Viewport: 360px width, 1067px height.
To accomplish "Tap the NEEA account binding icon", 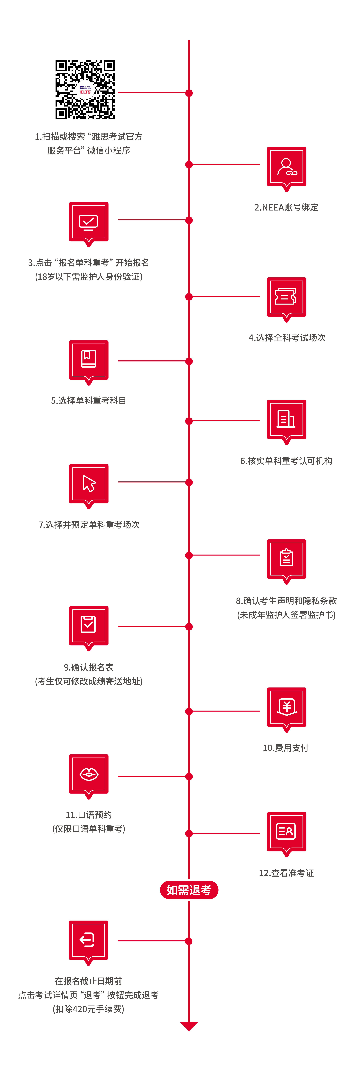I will [x=286, y=167].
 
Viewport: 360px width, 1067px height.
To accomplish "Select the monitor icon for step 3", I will [x=89, y=222].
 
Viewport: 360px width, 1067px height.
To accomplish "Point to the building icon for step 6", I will [x=286, y=419].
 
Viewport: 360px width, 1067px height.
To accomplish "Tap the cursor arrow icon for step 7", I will [x=89, y=483].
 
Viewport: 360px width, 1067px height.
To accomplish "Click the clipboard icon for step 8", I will [x=286, y=559].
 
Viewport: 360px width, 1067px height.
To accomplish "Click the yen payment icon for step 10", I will [x=286, y=707].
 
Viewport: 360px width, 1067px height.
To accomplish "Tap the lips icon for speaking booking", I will [x=89, y=774].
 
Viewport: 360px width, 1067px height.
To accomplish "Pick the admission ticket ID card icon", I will [x=286, y=831].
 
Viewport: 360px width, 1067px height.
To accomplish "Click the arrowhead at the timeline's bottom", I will [x=189, y=1026].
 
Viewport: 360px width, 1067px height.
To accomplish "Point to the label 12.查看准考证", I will [x=286, y=873].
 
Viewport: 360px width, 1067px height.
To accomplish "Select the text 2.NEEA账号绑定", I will [x=286, y=207].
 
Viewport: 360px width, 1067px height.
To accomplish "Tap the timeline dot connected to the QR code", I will [x=189, y=93].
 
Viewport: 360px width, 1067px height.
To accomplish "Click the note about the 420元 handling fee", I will [x=88, y=1009].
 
